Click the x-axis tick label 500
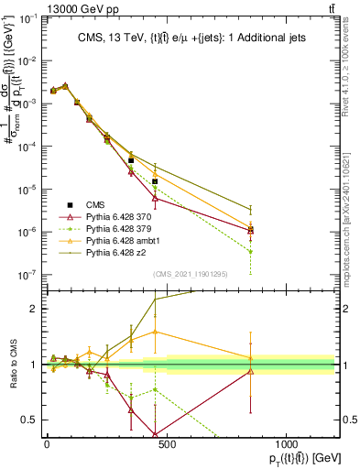pos(166,443)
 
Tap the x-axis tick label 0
pos(46,443)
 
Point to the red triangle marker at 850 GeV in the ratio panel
pos(250,371)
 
